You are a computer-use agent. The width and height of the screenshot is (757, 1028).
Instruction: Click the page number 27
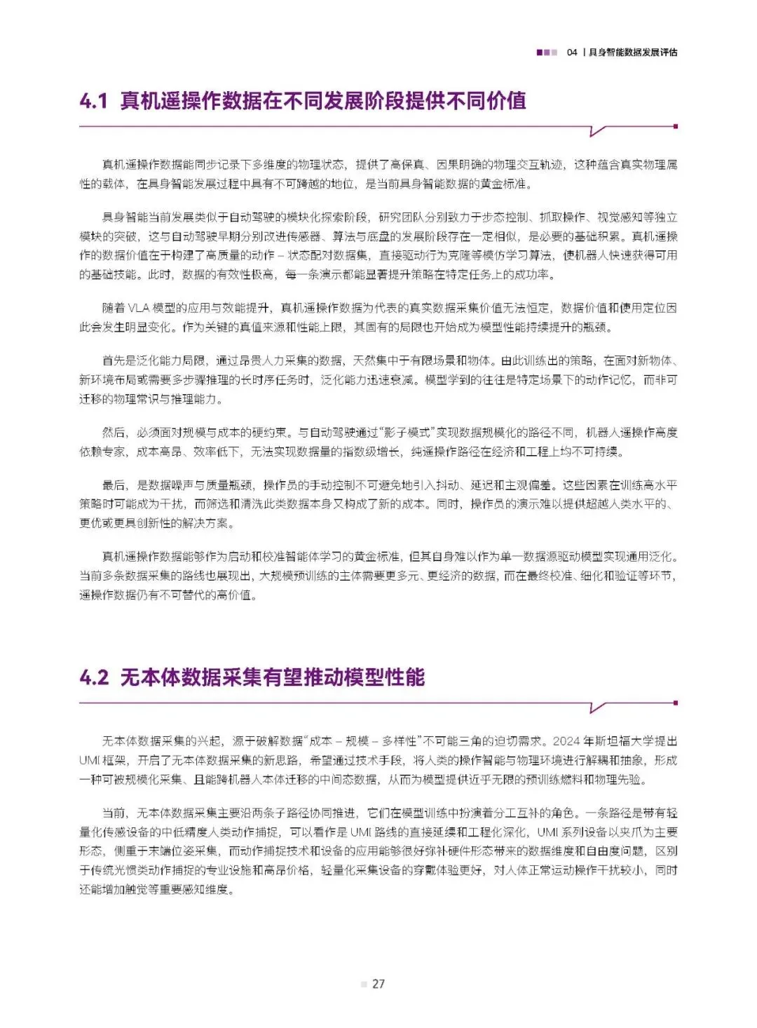(378, 984)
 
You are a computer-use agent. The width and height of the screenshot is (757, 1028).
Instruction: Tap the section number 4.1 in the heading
(93, 101)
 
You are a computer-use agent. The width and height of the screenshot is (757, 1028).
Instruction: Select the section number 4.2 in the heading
(94, 677)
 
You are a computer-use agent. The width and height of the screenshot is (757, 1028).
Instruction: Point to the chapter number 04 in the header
(572, 52)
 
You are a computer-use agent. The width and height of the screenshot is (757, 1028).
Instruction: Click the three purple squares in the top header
(547, 52)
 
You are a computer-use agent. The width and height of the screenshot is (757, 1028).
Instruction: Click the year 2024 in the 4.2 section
(567, 741)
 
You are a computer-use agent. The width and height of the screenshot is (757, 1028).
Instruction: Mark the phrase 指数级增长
(371, 452)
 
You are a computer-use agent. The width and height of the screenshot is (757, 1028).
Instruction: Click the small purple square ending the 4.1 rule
(675, 126)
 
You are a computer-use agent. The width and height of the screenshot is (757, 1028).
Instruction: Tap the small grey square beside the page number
(364, 985)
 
